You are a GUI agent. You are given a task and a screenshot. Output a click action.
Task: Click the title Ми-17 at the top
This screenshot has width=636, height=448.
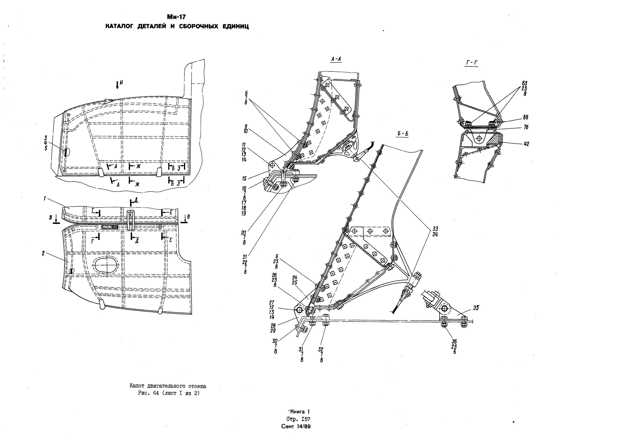pos(176,17)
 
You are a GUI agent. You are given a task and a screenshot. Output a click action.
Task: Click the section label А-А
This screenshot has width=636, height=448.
pos(336,59)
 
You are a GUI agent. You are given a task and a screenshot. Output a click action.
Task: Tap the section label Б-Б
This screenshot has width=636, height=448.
pos(403,134)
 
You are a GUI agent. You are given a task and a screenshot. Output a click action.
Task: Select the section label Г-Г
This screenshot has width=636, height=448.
pos(471,63)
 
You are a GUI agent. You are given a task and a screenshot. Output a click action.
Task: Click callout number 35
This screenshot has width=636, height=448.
pos(476,308)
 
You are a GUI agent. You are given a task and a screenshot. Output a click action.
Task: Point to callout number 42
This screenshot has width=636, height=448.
pos(526,144)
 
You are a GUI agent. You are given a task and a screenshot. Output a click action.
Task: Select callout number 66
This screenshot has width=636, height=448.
pos(526,118)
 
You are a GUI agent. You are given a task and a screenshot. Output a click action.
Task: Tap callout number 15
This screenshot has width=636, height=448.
pos(244,178)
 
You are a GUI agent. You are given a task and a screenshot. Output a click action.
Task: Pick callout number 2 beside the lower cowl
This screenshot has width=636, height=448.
pos(43,253)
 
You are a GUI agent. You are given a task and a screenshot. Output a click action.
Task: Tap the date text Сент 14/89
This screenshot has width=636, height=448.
pos(296,426)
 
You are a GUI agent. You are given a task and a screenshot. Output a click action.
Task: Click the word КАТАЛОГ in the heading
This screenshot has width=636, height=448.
pos(119,27)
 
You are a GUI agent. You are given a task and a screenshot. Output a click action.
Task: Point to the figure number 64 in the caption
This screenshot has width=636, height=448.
pos(156,393)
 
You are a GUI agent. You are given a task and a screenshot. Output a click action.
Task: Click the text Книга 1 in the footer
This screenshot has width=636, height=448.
pos(299,412)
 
